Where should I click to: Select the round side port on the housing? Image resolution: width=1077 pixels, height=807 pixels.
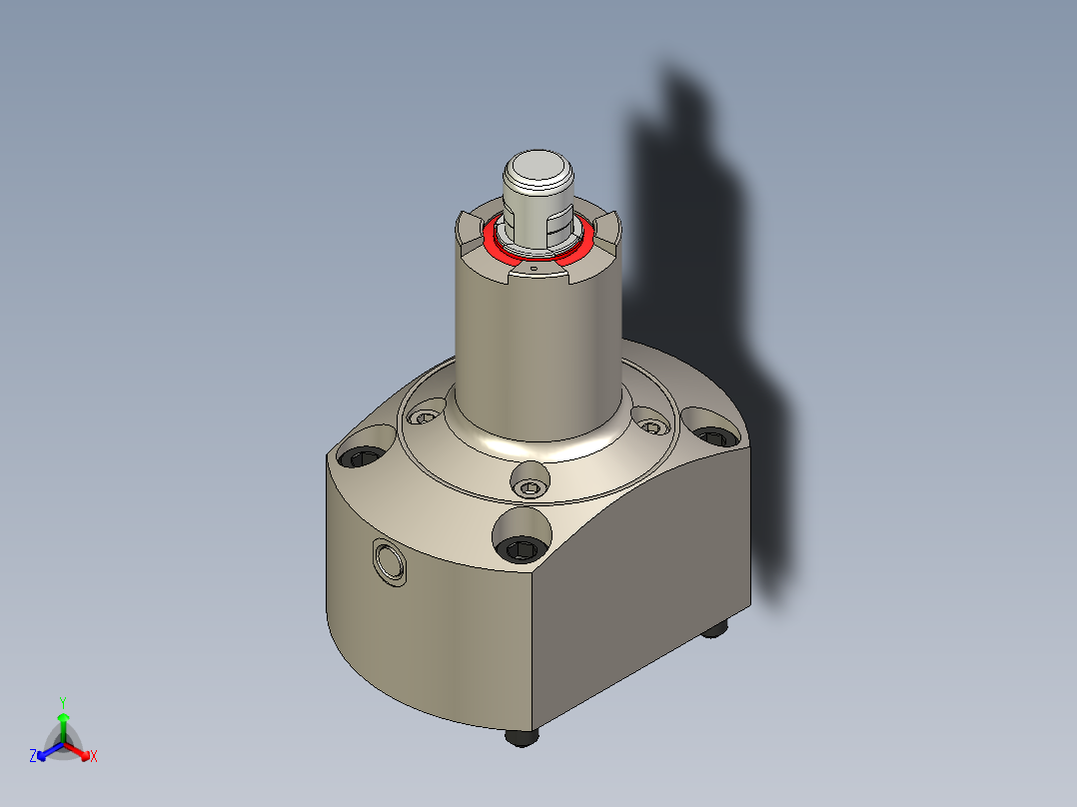click(x=388, y=562)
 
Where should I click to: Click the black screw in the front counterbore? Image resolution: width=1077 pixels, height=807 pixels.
click(x=523, y=547)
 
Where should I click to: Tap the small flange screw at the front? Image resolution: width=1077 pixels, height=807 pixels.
click(x=530, y=486)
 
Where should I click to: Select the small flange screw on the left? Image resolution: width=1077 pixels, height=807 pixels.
click(x=430, y=415)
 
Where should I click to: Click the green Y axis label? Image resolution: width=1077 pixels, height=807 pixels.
click(x=62, y=702)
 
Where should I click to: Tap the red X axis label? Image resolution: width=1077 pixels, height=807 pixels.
click(x=94, y=757)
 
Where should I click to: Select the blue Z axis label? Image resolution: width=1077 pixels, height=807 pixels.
click(x=33, y=757)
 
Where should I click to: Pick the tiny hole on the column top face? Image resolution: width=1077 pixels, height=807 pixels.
click(x=535, y=268)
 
